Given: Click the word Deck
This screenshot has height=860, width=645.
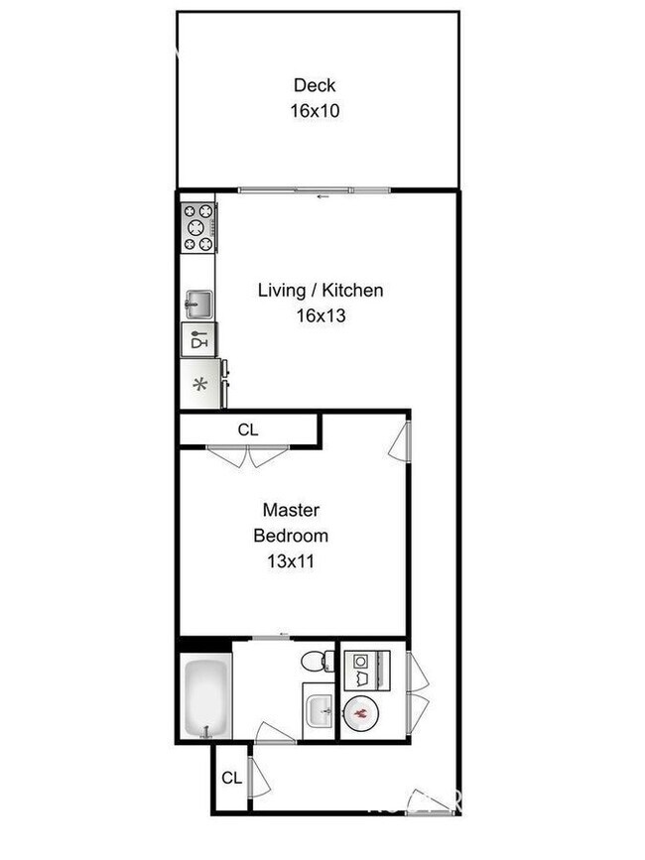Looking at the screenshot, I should (314, 85).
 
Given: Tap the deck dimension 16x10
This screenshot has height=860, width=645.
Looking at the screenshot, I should (315, 110).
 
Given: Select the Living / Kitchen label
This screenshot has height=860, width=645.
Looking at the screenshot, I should (320, 291).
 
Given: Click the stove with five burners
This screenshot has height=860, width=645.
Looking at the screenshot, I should (197, 227).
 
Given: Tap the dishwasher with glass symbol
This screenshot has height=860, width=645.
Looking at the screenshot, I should (197, 340).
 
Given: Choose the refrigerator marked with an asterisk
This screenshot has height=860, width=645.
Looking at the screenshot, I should (198, 385).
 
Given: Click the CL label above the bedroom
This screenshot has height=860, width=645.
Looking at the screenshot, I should (248, 430).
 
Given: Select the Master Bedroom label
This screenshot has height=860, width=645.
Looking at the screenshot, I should (291, 523).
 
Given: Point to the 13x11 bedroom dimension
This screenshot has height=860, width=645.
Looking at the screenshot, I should (291, 560).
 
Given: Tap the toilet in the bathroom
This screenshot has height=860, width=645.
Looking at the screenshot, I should (317, 662).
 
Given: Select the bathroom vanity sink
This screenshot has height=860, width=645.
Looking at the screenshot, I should (319, 710).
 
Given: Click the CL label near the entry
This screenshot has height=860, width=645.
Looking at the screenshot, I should (231, 778).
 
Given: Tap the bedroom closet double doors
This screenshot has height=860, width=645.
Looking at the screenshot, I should (248, 457).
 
